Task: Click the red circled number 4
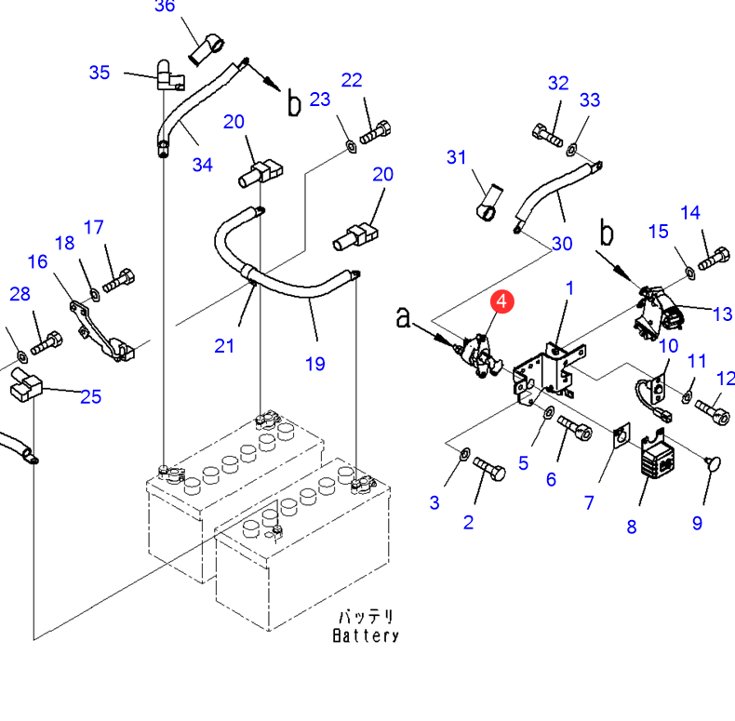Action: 502,301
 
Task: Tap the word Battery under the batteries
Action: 366,635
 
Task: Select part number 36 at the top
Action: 165,7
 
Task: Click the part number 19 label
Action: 315,364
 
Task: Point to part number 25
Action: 91,397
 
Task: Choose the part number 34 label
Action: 203,165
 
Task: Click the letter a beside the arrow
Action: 403,317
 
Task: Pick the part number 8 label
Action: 632,527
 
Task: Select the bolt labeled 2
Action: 489,469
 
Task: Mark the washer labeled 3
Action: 464,454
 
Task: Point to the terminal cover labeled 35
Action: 168,75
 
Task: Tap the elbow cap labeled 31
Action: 489,203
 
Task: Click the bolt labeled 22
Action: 376,132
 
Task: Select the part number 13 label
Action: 722,314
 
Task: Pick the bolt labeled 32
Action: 547,135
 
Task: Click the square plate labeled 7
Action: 621,436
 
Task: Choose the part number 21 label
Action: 224,346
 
